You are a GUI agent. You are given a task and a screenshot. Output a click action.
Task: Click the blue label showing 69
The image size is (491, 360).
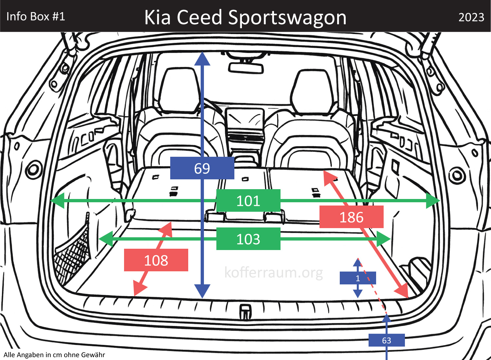pos(202,168)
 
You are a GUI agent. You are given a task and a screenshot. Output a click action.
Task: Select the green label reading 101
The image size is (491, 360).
pos(248,201)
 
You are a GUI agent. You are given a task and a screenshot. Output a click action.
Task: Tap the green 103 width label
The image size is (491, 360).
pos(248,239)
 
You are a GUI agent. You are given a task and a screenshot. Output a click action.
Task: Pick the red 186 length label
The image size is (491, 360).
pos(351,217)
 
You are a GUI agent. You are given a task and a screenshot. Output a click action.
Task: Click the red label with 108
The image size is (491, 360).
pos(156,260)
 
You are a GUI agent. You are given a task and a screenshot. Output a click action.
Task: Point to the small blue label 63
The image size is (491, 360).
pos(387,340)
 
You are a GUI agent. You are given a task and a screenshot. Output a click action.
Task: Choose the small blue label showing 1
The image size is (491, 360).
pos(358,278)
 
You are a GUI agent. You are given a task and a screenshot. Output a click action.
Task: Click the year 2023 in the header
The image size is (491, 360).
pos(471,17)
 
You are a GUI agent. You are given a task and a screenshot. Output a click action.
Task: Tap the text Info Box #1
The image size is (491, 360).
pos(36,16)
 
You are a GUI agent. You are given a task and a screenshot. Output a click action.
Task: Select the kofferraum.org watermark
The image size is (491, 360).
pos(274,272)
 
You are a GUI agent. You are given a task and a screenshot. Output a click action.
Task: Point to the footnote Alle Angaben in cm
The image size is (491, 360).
pos(54,355)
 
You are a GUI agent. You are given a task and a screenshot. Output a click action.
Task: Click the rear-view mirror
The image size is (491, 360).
pos(246,68)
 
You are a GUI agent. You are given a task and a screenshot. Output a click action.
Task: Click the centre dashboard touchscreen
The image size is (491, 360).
pos(245,119)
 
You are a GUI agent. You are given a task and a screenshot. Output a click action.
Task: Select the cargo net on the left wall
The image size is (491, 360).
pos(73,252)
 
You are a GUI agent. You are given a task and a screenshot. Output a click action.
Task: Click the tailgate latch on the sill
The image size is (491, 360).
pos(245,312)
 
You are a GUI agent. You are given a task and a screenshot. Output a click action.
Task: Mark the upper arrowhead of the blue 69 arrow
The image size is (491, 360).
pos(202,59)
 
